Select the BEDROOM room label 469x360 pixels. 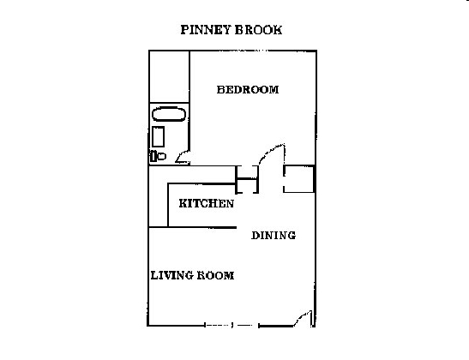pyautogui.click(x=248, y=89)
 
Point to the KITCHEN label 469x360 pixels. pyautogui.click(x=206, y=204)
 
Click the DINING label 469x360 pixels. pyautogui.click(x=274, y=236)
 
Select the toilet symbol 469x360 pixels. pyautogui.click(x=156, y=156)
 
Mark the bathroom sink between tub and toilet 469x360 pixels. pyautogui.click(x=158, y=136)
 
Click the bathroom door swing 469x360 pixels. pyautogui.click(x=182, y=156)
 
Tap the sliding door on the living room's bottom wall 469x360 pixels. pyautogui.click(x=231, y=325)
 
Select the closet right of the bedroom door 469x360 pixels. pyautogui.click(x=299, y=178)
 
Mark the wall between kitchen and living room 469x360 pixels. pyautogui.click(x=201, y=227)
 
